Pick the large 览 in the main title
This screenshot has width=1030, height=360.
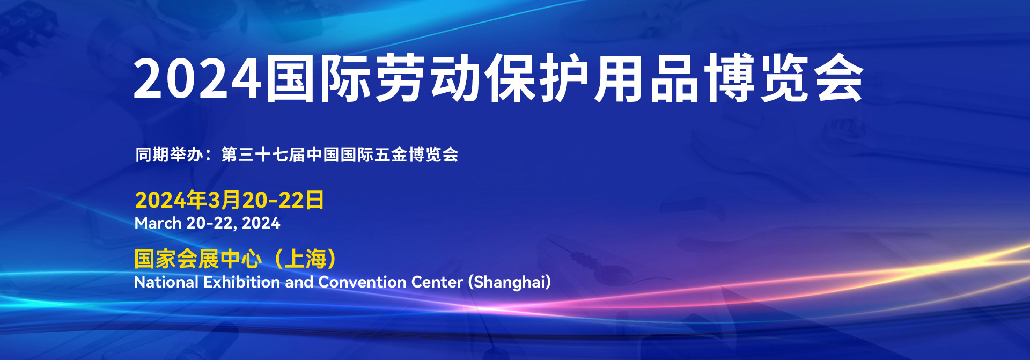coord(784,78)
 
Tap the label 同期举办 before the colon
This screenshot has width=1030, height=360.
coord(169,155)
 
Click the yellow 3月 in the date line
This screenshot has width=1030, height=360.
coord(224,200)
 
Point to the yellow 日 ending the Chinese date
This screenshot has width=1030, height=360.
coord(315,200)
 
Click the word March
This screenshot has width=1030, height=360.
coord(158,223)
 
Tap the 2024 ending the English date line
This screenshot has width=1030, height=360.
coord(261,223)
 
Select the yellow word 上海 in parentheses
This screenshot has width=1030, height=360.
coord(305,259)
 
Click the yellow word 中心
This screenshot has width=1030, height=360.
coord(241,259)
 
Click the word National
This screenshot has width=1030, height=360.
coord(166,282)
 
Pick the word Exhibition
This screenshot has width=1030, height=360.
coord(241,282)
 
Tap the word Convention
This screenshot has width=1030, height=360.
coord(362,282)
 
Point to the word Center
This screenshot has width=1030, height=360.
coord(437,282)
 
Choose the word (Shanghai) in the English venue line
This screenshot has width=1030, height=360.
coord(509,282)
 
